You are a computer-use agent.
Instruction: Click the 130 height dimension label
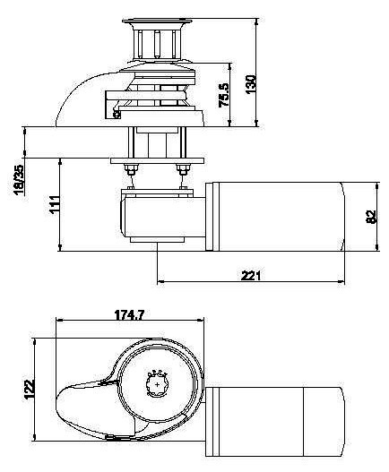coord(251,84)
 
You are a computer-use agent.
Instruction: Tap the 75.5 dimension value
coord(224,95)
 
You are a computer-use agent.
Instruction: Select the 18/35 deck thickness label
coord(20,180)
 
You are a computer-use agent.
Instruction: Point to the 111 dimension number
coord(55,205)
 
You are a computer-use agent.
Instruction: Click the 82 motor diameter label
coord(371,217)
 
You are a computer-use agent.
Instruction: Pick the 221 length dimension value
coord(251,275)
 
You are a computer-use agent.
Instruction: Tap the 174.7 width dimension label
coord(130,315)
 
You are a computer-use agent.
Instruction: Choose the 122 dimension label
coord(30,390)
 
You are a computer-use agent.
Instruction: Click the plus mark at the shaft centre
coord(157,384)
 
